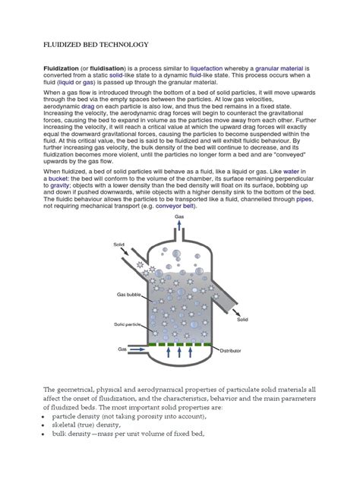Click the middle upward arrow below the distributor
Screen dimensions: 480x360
180,353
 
